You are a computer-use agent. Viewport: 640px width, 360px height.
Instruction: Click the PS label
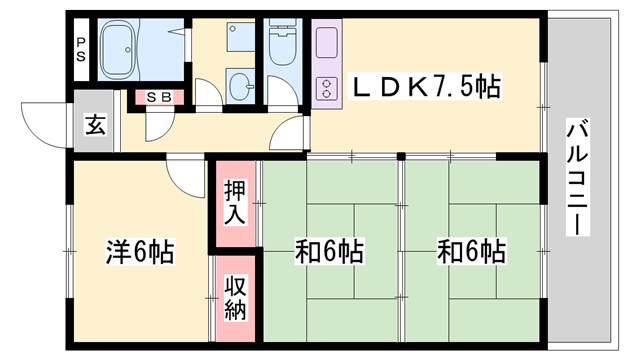coord(82,49)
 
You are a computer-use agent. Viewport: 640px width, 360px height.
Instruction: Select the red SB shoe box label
coord(158,98)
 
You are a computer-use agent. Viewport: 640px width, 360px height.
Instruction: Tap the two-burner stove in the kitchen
coord(326,88)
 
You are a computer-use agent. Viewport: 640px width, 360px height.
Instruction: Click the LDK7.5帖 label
coord(424,89)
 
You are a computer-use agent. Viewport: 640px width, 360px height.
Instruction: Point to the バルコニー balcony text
coord(577,178)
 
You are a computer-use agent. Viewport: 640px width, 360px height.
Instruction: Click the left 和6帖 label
coord(328,250)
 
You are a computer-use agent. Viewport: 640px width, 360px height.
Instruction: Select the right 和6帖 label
coord(470,250)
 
